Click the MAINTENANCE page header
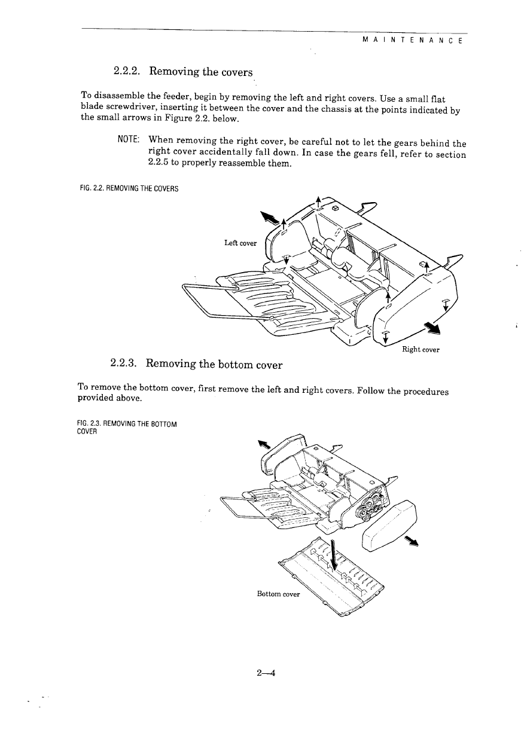(411, 41)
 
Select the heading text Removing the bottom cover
(214, 364)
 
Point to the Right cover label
(422, 350)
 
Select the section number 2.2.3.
(123, 364)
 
